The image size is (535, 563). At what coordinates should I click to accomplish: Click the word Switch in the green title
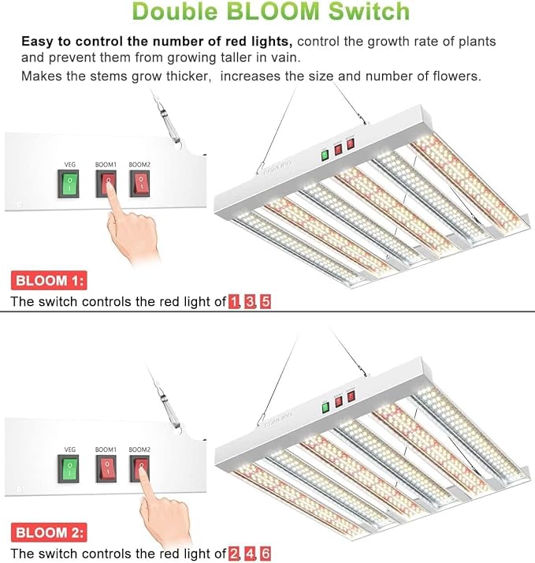[x=370, y=12]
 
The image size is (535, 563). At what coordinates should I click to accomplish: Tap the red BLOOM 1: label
[x=49, y=281]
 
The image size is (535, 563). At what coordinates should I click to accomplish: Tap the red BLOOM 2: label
[x=49, y=533]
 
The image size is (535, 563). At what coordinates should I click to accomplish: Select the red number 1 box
[x=234, y=301]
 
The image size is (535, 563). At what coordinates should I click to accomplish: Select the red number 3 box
[x=250, y=301]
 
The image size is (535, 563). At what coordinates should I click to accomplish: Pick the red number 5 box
[x=266, y=301]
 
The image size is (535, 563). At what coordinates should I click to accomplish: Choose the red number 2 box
[x=234, y=554]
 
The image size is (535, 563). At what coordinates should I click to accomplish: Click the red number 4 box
[x=250, y=554]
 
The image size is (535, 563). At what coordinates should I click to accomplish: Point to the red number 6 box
[x=266, y=554]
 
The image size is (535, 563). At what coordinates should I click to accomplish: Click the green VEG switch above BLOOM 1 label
[x=69, y=185]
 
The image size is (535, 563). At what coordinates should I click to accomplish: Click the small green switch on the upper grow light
[x=324, y=155]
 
